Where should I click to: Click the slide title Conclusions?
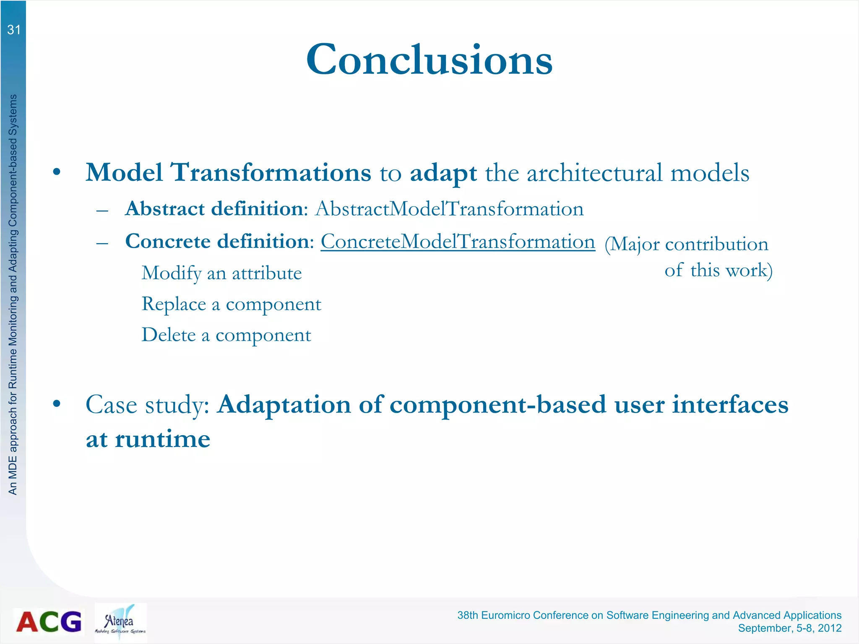pyautogui.click(x=429, y=60)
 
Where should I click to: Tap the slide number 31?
pyautogui.click(x=13, y=30)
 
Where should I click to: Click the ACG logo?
pyautogui.click(x=49, y=621)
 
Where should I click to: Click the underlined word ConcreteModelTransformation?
pyautogui.click(x=458, y=241)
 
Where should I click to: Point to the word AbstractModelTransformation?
pyautogui.click(x=449, y=209)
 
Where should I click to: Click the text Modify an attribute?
pyautogui.click(x=221, y=273)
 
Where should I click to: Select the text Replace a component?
pyautogui.click(x=231, y=304)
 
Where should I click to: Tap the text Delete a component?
pyautogui.click(x=226, y=335)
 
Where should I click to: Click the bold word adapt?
pyautogui.click(x=443, y=173)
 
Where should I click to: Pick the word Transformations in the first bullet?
pyautogui.click(x=271, y=172)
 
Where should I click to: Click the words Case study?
pyautogui.click(x=147, y=405)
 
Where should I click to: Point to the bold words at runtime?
pyautogui.click(x=148, y=439)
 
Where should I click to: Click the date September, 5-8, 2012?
pyautogui.click(x=789, y=628)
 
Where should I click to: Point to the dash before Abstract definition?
pyautogui.click(x=102, y=210)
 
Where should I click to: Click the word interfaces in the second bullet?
pyautogui.click(x=730, y=405)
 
